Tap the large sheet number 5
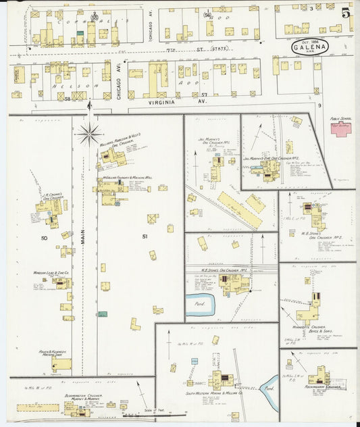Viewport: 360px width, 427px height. [346, 13]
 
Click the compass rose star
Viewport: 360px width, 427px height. [89, 134]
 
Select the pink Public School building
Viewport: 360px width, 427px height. [340, 129]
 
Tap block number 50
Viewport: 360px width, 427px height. [45, 238]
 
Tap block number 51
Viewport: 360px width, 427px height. [145, 236]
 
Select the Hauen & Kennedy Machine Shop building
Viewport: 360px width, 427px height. [61, 364]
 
